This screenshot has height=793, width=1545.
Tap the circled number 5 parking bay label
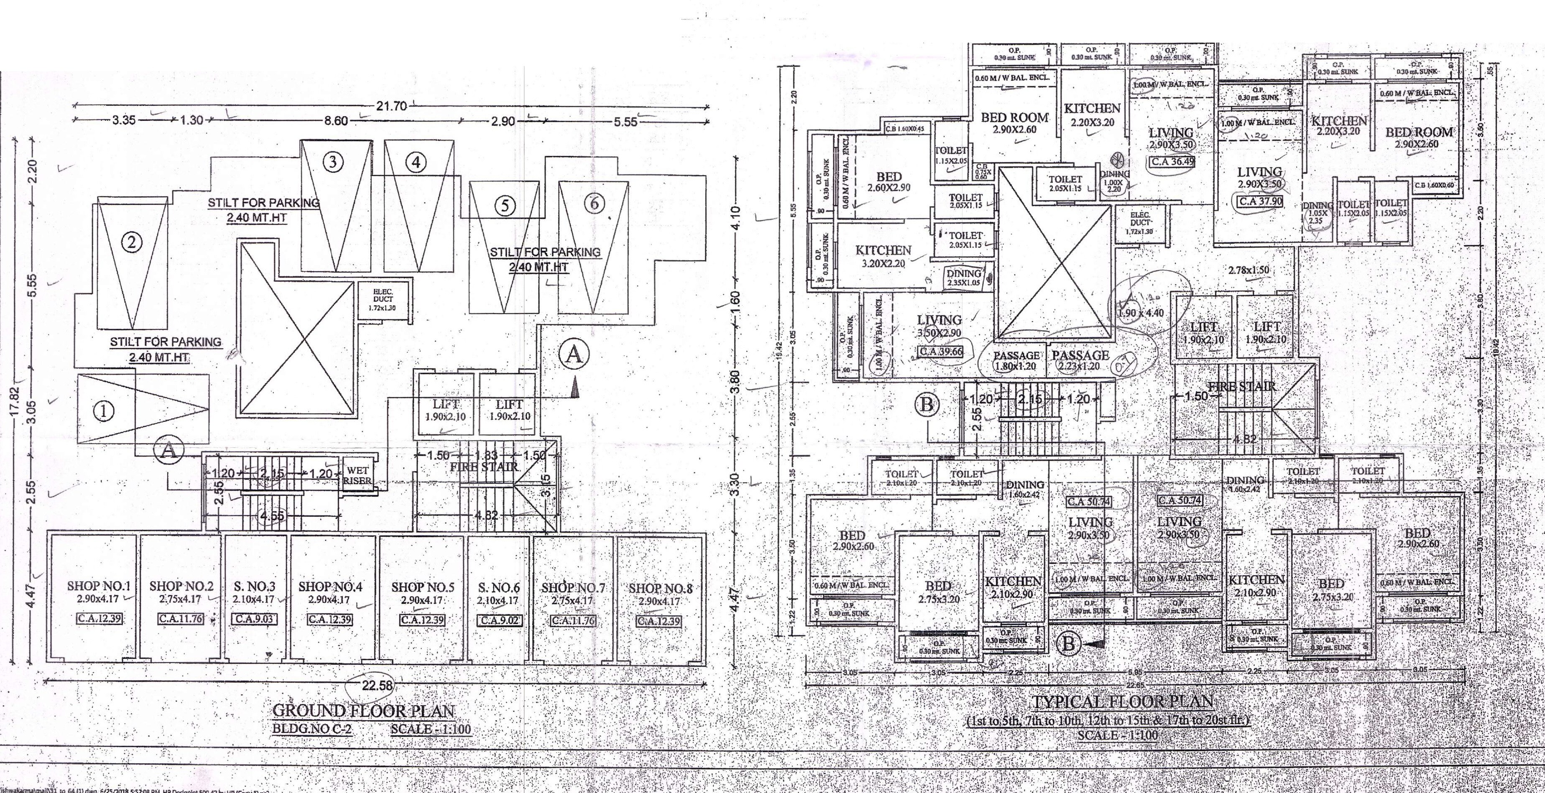coord(505,206)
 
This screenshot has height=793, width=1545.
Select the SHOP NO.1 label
coord(98,586)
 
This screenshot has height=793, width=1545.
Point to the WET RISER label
coord(358,475)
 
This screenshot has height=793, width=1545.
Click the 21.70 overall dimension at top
coord(391,106)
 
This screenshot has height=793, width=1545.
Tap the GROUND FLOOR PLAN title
coord(363,711)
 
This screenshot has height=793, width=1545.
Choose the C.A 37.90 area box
coord(1261,201)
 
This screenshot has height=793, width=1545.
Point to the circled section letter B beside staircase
coord(927,405)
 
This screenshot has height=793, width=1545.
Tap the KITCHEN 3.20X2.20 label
coord(883,256)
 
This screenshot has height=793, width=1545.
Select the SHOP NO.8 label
coord(660,589)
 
